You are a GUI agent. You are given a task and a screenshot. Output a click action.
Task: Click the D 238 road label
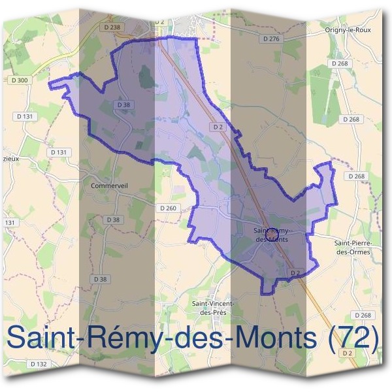(x=112, y=27)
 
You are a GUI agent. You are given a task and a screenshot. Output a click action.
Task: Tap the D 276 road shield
(x=271, y=39)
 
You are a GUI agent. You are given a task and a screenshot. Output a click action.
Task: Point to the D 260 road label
(x=168, y=208)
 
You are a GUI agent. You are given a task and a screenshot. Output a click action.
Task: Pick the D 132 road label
(x=39, y=363)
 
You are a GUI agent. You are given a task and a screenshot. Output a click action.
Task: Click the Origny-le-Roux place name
(x=344, y=30)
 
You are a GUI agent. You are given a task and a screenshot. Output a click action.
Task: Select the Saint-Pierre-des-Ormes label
(x=352, y=247)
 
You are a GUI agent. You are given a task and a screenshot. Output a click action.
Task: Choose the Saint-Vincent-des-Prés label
(x=213, y=308)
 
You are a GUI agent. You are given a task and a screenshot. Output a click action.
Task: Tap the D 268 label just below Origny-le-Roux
(x=340, y=63)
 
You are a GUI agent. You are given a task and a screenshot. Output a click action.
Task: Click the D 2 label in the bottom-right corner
(x=348, y=353)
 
